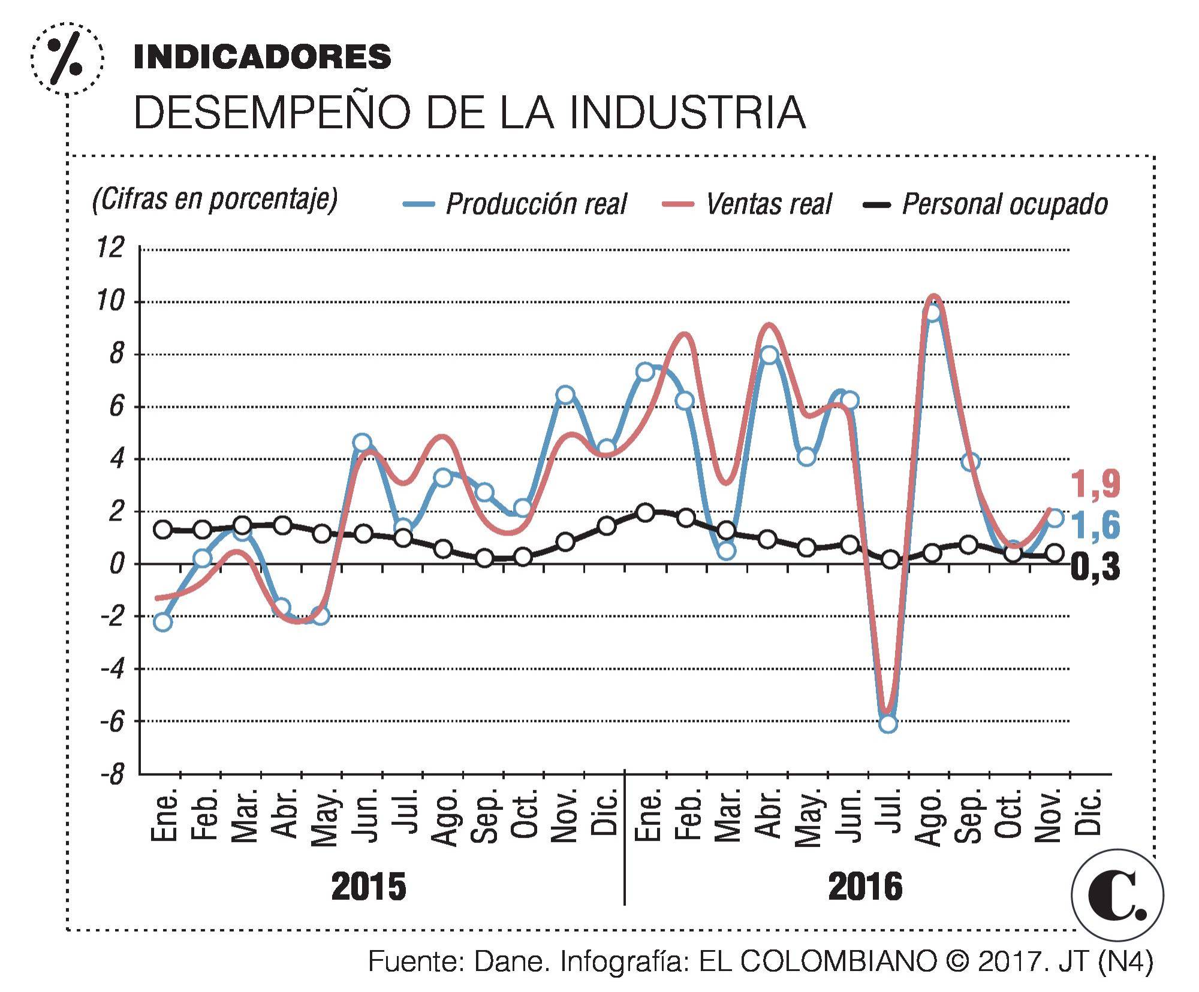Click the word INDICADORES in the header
[262, 57]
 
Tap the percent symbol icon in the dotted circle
[66, 58]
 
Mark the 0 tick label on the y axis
[116, 564]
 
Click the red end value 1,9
[1095, 484]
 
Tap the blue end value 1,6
[1095, 525]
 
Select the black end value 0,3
[1095, 567]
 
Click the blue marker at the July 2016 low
[888, 723]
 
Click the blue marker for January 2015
[162, 622]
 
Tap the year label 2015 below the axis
[368, 887]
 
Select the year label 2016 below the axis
[864, 887]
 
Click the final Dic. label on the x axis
[1092, 812]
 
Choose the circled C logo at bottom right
[1117, 896]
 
